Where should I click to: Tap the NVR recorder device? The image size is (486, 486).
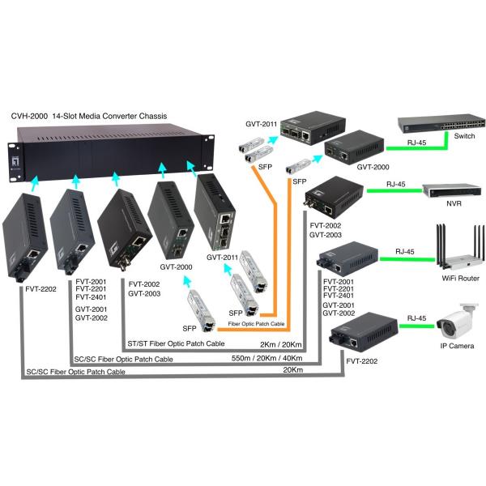tap(450, 190)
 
